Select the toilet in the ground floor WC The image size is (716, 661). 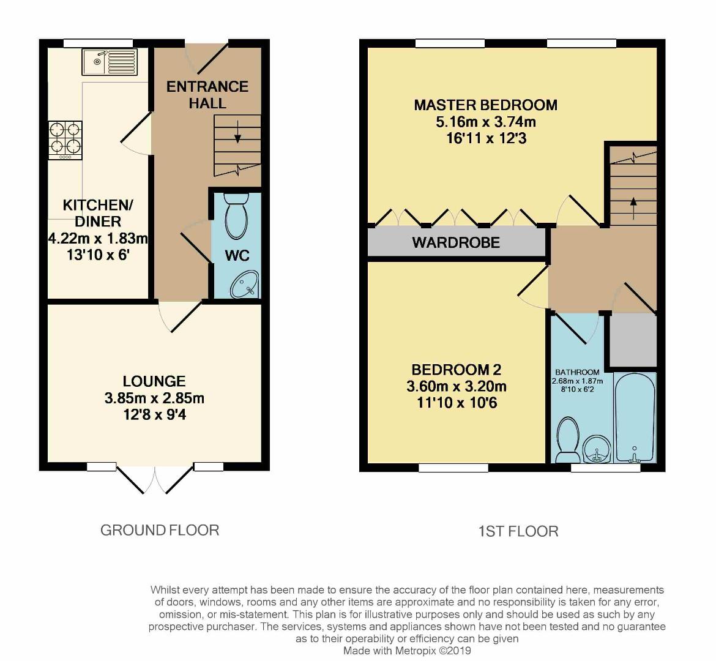click(236, 215)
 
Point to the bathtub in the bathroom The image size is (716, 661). click(635, 417)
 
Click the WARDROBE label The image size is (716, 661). click(456, 242)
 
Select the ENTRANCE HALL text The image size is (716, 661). click(207, 95)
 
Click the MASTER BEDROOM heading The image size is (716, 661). click(485, 105)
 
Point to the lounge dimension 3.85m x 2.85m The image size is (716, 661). click(154, 398)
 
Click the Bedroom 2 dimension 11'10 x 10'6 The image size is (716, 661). click(456, 403)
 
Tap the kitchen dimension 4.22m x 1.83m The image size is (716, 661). click(98, 238)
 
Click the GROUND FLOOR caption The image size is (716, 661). click(159, 530)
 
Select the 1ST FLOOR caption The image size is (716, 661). click(518, 531)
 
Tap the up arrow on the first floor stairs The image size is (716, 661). click(633, 202)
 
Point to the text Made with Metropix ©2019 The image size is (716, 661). click(407, 651)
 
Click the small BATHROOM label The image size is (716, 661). click(577, 372)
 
